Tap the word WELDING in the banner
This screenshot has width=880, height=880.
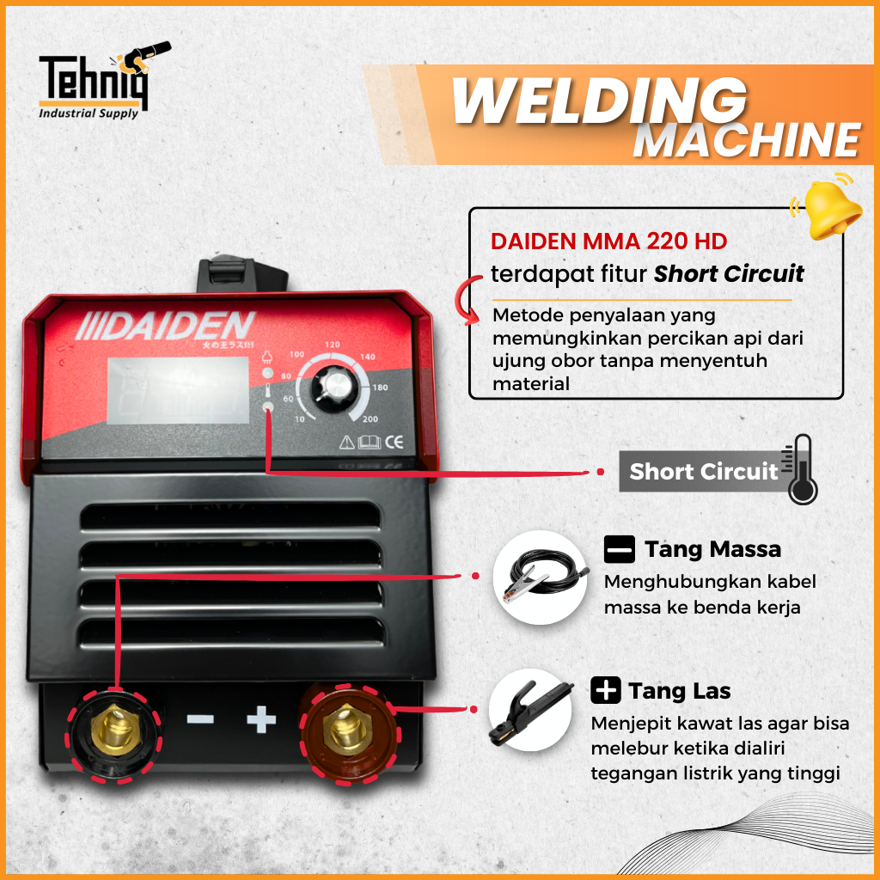tap(599, 101)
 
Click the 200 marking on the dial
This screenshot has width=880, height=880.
tap(370, 419)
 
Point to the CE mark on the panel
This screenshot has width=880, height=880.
tap(394, 443)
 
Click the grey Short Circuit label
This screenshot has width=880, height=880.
tap(702, 472)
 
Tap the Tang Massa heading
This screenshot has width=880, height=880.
tap(712, 548)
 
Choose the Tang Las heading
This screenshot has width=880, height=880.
tap(678, 690)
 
